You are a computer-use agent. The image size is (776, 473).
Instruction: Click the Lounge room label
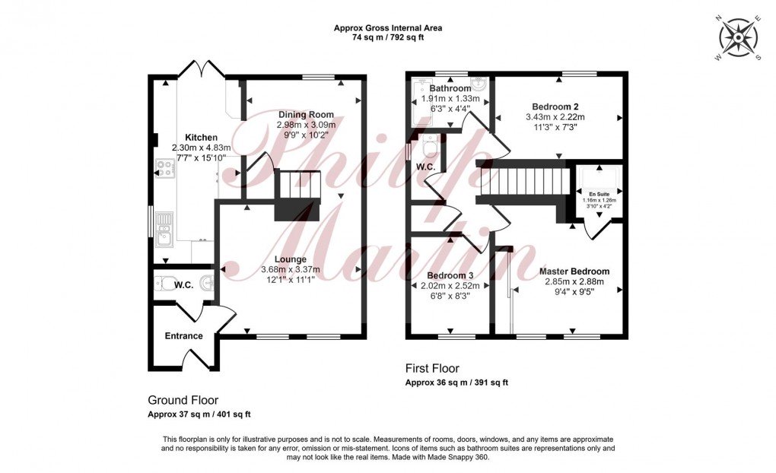coord(291,259)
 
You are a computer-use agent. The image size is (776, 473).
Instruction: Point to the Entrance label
coord(184,335)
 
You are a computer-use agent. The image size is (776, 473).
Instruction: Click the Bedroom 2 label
coord(555,106)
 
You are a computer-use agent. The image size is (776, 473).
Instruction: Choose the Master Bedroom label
coord(574,271)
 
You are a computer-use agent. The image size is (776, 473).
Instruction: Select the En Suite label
coord(598,194)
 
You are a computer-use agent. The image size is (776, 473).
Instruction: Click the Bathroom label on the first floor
coord(450,88)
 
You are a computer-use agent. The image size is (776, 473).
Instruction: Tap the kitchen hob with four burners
coord(165,168)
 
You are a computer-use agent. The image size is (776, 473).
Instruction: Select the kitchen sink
coord(165,229)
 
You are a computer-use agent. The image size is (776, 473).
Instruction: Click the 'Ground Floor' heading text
coord(183,399)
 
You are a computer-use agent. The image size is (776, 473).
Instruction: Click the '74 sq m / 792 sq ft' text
coord(388,38)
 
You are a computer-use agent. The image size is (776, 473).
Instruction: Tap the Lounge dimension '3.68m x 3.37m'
coord(291,269)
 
